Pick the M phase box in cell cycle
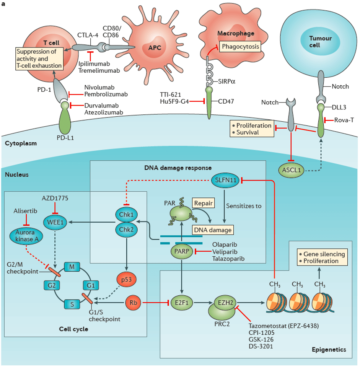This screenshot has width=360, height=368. (x=71, y=265)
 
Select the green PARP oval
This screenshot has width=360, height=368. (x=182, y=251)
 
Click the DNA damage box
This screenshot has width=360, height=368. (x=212, y=230)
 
